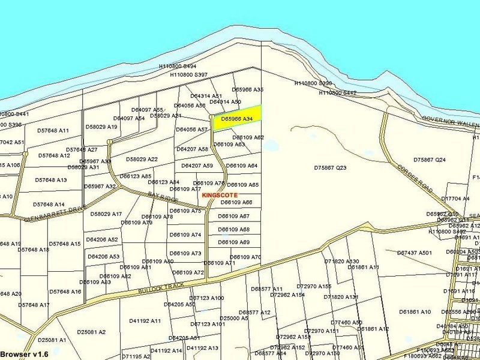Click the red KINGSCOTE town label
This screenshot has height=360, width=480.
220,195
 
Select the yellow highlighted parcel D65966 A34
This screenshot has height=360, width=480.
237,119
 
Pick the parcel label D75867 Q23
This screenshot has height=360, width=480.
330,168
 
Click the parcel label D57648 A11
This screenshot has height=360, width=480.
53,130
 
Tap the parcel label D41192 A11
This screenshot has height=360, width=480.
145,321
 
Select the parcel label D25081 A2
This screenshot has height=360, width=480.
91,332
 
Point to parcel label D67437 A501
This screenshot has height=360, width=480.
414,253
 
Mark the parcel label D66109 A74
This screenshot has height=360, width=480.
185,235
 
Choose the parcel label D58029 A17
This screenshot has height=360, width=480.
106,214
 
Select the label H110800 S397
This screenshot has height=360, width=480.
188,75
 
